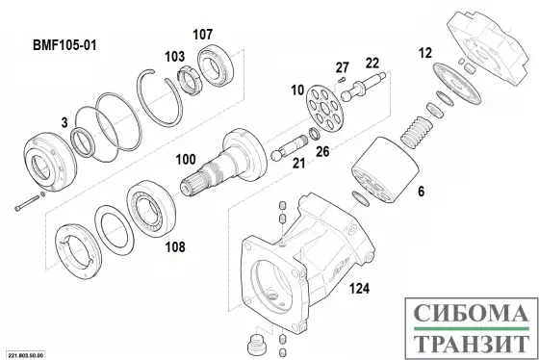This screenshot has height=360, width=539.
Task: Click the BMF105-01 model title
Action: click(x=64, y=45)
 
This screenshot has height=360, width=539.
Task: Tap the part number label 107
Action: click(x=202, y=35)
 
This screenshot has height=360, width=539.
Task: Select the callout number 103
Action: click(x=174, y=57)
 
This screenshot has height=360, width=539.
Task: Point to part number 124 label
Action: click(x=360, y=289)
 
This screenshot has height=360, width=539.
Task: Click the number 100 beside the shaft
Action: click(x=186, y=159)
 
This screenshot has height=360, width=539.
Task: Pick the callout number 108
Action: click(x=175, y=246)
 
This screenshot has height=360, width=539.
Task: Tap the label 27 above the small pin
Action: click(x=342, y=67)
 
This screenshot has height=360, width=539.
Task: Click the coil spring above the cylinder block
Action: click(x=417, y=133)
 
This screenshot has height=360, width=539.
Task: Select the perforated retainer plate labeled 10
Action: click(x=324, y=107)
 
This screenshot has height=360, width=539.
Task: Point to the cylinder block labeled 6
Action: click(x=385, y=169)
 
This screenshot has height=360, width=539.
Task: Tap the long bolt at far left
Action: click(x=27, y=203)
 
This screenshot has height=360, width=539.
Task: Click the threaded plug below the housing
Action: click(x=256, y=346)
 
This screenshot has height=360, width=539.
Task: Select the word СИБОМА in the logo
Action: click(x=471, y=313)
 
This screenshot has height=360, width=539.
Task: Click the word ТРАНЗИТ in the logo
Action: click(x=471, y=344)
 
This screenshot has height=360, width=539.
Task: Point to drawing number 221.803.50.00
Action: click(x=27, y=355)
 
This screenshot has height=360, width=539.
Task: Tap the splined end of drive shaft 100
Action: click(x=193, y=182)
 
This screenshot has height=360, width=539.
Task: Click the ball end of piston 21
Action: click(x=276, y=155)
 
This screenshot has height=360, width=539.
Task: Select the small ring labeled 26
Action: click(x=314, y=134)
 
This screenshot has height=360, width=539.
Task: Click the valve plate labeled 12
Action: click(x=457, y=84)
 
